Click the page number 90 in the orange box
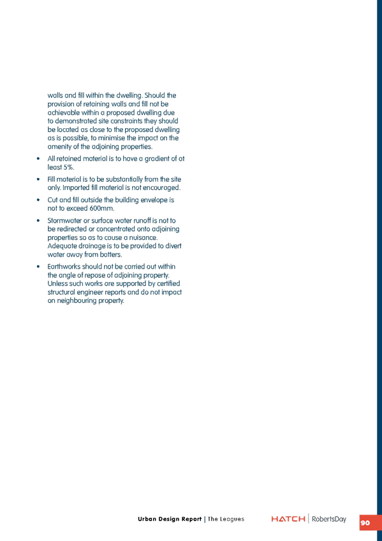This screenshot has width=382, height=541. coord(365,523)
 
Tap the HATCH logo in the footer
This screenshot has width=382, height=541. coord(288,519)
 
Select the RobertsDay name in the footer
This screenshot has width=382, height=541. coord(329,519)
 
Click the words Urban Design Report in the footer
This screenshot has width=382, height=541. coord(170,519)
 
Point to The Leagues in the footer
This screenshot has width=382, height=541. coord(226,519)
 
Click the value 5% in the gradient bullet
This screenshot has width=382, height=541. coord(68,167)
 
